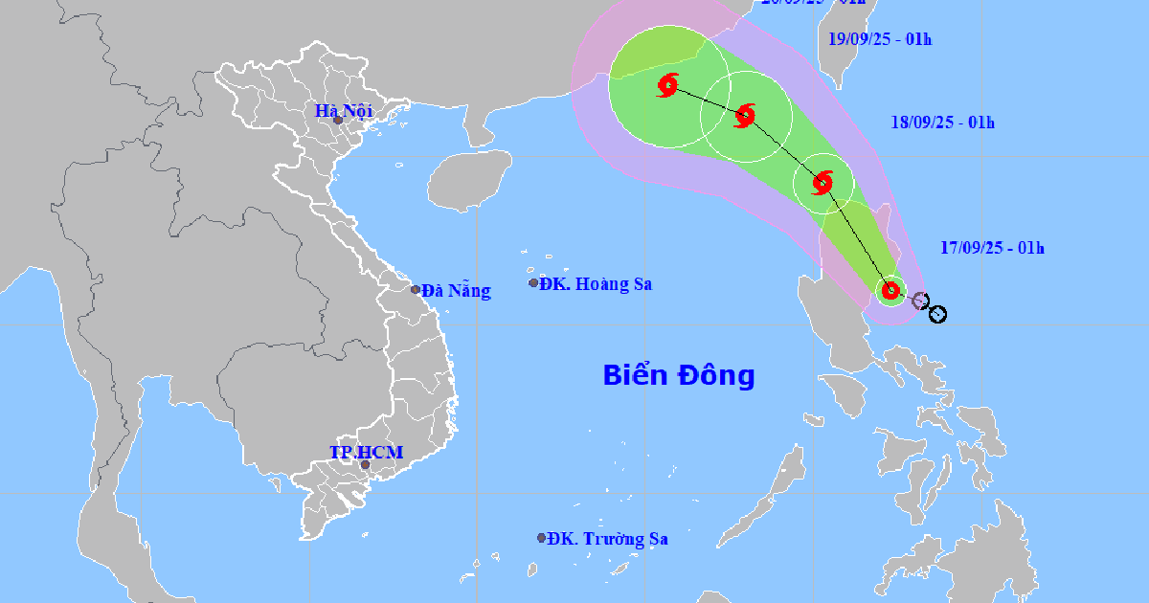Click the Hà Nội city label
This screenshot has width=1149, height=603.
344,111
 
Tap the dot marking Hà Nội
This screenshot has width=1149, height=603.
338,120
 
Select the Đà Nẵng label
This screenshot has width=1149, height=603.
456,291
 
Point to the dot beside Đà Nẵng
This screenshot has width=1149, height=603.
416,289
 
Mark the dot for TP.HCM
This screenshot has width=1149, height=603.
365,465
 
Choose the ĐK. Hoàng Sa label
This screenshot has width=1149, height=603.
596,283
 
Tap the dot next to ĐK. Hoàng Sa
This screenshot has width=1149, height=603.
534,282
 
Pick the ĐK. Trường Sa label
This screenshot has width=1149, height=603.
608,539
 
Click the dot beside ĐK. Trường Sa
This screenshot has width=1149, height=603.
542,538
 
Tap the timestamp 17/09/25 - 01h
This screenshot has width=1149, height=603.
991,248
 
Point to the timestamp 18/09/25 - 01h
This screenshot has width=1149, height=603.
942,122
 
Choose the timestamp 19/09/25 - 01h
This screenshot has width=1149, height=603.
879,39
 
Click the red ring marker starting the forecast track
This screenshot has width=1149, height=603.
891,290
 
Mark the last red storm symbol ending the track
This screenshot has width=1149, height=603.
667,86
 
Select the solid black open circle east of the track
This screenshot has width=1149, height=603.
938,314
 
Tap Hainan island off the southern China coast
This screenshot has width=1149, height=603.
469,180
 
